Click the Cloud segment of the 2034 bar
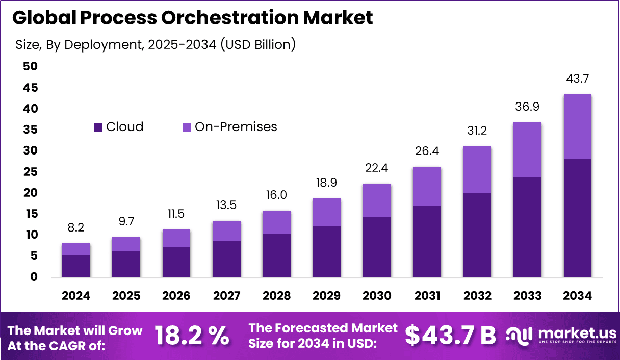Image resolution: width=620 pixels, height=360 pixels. point(577,218)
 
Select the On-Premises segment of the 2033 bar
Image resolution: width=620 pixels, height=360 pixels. point(527,150)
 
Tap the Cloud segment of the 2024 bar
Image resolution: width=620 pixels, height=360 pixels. point(76,266)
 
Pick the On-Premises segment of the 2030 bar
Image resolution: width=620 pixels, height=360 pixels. point(377,200)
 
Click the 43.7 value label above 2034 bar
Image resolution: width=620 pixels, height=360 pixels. point(577,79)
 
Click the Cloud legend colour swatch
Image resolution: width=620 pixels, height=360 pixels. point(98,127)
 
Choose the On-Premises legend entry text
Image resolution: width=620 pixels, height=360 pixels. point(236,127)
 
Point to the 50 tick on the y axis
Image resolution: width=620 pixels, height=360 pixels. point(30,67)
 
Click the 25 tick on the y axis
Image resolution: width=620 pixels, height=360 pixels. point(30,172)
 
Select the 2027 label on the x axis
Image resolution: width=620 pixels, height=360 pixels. point(226,296)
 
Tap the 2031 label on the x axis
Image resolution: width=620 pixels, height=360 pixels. point(427,296)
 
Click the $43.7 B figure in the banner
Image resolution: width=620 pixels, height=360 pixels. point(450,336)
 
